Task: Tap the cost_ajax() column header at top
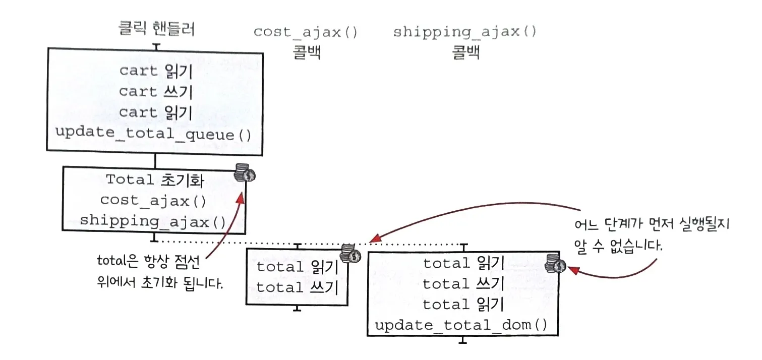[x=306, y=32]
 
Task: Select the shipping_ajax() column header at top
[x=464, y=32]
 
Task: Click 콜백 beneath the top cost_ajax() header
[x=306, y=52]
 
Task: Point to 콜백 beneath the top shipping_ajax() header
[x=465, y=52]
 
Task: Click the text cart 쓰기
[x=155, y=92]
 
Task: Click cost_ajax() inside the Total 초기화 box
[x=153, y=200]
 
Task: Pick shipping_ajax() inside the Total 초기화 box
[x=153, y=221]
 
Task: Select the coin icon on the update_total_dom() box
[x=558, y=266]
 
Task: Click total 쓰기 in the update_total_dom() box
[x=463, y=284]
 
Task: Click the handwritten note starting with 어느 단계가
[x=653, y=234]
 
